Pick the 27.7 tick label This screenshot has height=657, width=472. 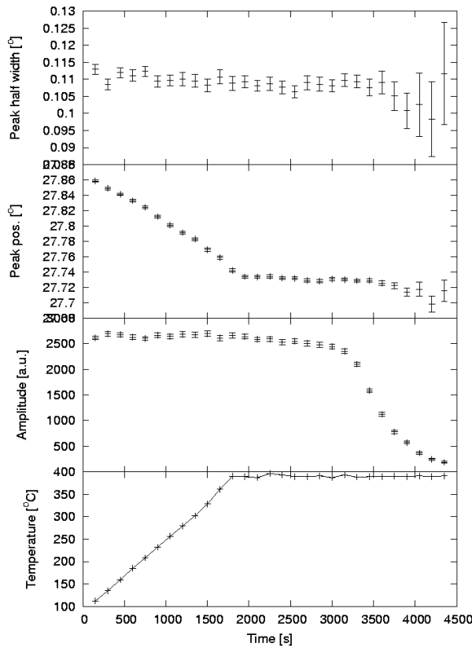(x=65, y=303)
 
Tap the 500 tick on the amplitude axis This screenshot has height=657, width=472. (x=68, y=446)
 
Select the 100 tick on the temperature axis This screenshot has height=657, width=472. (x=68, y=607)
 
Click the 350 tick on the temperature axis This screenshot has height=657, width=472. (x=68, y=494)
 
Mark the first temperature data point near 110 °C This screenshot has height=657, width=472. (x=95, y=600)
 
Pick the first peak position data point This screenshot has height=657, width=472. (x=95, y=181)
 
